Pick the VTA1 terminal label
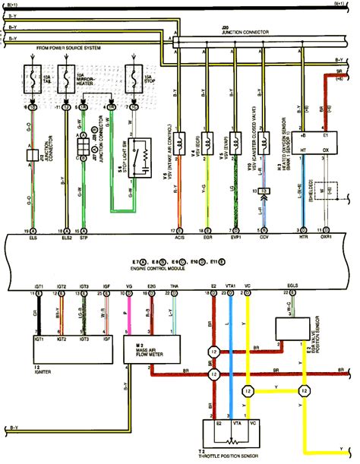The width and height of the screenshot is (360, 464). (x=230, y=286)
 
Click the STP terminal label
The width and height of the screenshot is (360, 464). (x=84, y=237)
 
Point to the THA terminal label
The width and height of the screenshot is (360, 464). (x=175, y=286)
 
